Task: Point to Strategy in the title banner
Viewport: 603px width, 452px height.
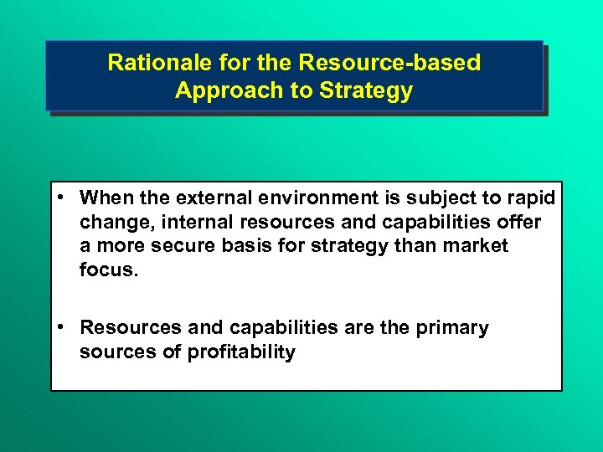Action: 371,90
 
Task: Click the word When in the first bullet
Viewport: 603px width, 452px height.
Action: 102,198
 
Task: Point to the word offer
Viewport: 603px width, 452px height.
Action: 519,222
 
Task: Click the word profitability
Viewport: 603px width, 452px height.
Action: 241,352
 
